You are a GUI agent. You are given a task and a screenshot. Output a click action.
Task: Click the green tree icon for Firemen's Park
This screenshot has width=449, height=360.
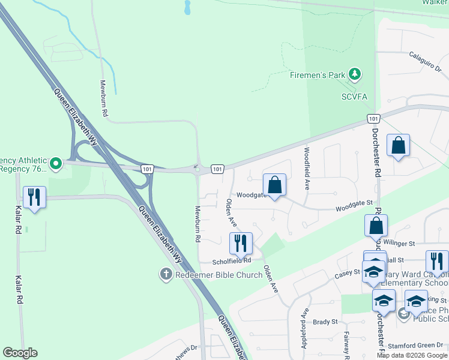[x=356, y=74]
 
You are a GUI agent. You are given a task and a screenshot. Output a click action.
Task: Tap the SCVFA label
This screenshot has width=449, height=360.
[x=354, y=97]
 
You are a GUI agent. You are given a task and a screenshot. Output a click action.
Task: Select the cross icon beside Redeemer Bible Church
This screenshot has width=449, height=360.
[x=166, y=275]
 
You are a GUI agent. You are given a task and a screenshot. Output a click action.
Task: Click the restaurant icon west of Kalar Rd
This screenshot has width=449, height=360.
[x=34, y=197]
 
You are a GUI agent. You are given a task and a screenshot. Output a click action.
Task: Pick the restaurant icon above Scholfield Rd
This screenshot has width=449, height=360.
[x=241, y=243]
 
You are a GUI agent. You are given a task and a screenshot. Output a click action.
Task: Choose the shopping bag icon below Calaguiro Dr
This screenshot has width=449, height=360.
[x=398, y=145]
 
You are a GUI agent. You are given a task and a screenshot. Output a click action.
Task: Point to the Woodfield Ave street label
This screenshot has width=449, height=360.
[x=307, y=169]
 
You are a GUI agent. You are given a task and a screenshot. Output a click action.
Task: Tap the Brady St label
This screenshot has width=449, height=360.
[x=326, y=322]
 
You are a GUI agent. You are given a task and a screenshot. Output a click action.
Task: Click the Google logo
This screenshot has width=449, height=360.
[x=20, y=353]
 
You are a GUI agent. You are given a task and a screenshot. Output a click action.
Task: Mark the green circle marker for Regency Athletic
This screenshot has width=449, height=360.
[x=56, y=163]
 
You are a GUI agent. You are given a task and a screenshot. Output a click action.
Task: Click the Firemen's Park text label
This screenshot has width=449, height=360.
[x=318, y=75]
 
